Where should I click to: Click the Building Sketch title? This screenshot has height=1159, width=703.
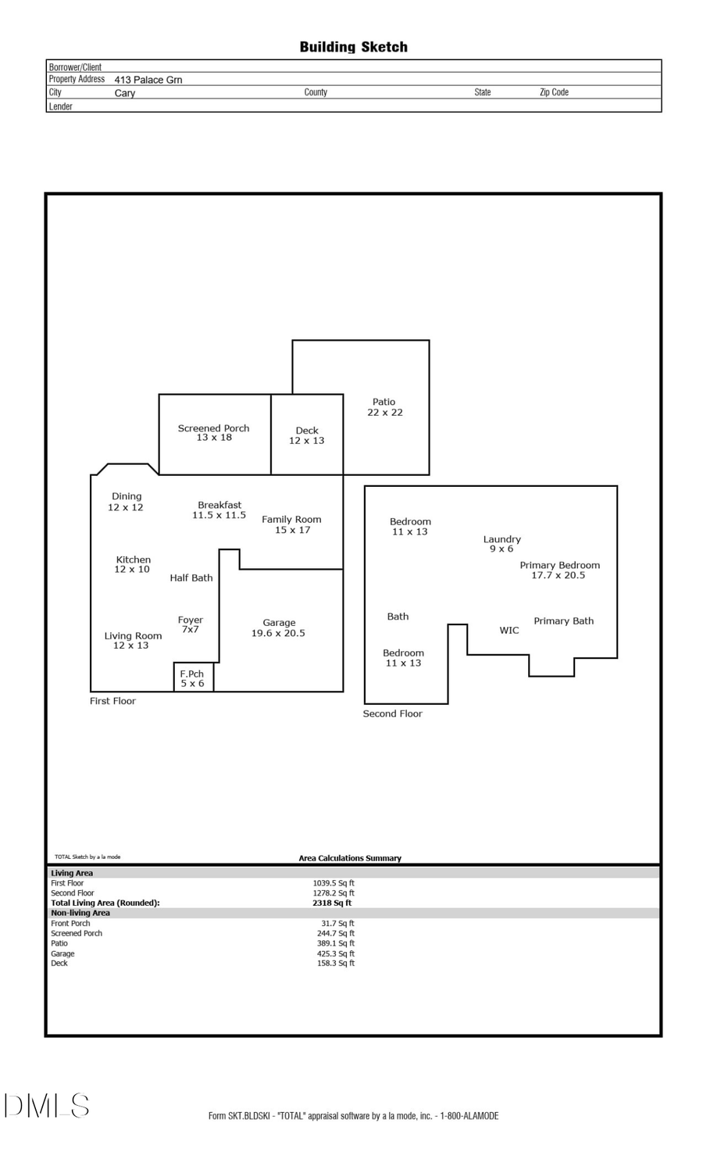coord(353,47)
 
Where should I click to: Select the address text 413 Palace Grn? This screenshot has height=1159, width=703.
coord(148,80)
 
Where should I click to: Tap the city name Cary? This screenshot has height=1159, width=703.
coord(125,93)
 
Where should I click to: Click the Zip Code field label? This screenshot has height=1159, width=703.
coord(554,92)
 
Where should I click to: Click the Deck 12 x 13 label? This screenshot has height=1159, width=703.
coord(307,435)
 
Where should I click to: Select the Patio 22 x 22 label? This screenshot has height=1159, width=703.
coord(384,407)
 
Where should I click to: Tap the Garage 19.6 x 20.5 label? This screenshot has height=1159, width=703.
coord(279,628)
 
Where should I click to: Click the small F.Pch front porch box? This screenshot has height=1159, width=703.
coord(193,678)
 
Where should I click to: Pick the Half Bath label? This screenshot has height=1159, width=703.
coord(191,578)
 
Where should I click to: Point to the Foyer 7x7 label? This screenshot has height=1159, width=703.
coord(191,624)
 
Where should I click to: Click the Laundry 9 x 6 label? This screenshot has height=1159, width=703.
coord(501,544)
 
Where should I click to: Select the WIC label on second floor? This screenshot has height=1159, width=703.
coord(509,631)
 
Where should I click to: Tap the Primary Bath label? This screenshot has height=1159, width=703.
coord(563,621)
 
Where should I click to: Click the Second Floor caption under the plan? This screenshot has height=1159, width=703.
coord(392,714)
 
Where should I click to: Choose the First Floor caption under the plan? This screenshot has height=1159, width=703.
coord(112,701)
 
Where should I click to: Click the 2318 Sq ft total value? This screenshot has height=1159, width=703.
coord(332,903)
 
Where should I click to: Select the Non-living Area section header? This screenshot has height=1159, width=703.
coord(80,913)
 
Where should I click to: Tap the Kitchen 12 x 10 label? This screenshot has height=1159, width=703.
coord(133,564)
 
